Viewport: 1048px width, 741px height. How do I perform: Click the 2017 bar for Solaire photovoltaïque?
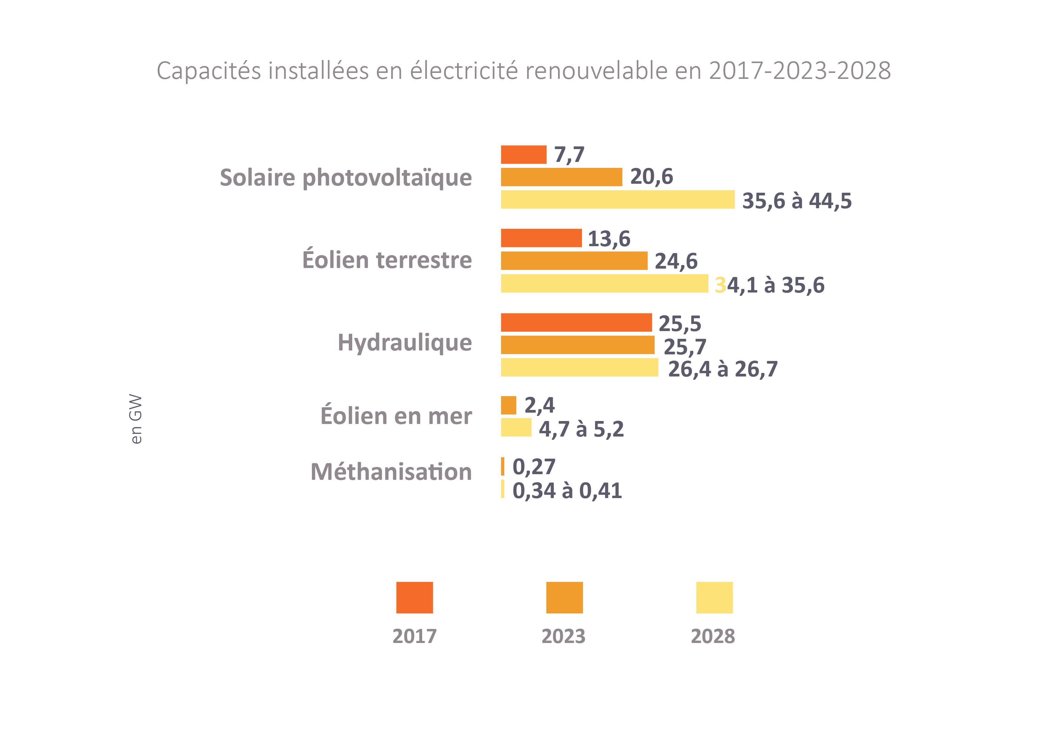pos(523,154)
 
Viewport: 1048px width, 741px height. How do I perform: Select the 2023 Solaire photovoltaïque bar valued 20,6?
pos(561,177)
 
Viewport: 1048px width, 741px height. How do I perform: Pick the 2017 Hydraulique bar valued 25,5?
pos(576,322)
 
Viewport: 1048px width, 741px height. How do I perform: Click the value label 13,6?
pos(609,239)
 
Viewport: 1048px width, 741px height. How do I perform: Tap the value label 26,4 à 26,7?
pos(723,369)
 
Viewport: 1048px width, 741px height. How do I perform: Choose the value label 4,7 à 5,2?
pos(581,429)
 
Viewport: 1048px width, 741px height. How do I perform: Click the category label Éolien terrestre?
pos(387,260)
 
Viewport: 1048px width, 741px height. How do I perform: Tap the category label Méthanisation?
pos(391,471)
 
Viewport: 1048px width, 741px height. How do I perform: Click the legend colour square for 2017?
pos(414,597)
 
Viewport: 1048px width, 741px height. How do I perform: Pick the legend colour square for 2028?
pos(714,597)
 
